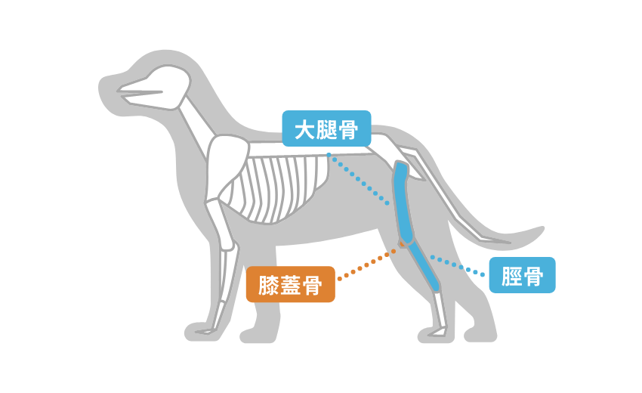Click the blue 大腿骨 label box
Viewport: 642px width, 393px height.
pyautogui.click(x=326, y=128)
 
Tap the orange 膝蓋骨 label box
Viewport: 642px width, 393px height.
pyautogui.click(x=290, y=284)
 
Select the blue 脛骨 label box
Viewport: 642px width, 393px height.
pyautogui.click(x=522, y=275)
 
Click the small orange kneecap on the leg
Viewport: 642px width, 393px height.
pyautogui.click(x=402, y=244)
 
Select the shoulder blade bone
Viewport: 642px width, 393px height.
pyautogui.click(x=227, y=167)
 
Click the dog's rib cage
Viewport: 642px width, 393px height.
pyautogui.click(x=282, y=188)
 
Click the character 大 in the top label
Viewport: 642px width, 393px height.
pyautogui.click(x=305, y=129)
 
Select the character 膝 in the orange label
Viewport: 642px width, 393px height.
pyautogui.click(x=269, y=285)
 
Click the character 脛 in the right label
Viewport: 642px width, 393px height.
pyautogui.click(x=512, y=276)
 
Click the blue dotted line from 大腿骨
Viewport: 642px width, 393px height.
pyautogui.click(x=358, y=179)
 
